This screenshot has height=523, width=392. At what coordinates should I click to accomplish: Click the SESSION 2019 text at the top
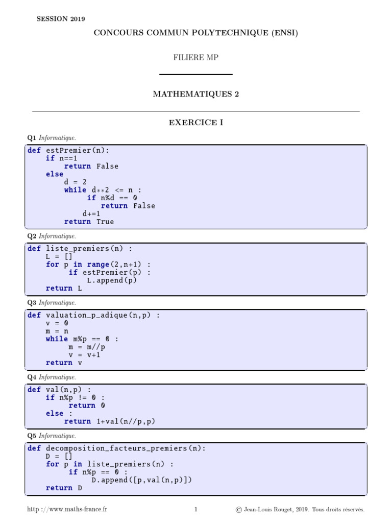tap(61, 19)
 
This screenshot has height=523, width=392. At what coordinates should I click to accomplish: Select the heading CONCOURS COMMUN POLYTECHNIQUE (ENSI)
tap(195, 33)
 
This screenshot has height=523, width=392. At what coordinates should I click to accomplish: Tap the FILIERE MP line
tap(196, 58)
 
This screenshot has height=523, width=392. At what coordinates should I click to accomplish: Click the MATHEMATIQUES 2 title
tap(196, 94)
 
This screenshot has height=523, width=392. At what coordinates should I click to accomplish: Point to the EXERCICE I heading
tap(196, 123)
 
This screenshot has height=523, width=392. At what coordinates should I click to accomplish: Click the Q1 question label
tap(32, 138)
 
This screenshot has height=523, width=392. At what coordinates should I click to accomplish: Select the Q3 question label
tap(32, 302)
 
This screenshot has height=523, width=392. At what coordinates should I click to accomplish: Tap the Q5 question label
tap(32, 436)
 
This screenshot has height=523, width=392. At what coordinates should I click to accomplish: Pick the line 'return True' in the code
tap(89, 222)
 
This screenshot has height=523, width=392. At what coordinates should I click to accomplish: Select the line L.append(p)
tap(112, 280)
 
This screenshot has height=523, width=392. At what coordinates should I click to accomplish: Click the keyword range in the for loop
tap(98, 265)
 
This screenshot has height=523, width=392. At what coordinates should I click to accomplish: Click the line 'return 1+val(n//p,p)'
tap(109, 421)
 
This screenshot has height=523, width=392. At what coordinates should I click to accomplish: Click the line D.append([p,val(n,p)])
tap(141, 480)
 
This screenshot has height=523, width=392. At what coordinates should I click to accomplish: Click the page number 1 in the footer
tap(196, 509)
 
